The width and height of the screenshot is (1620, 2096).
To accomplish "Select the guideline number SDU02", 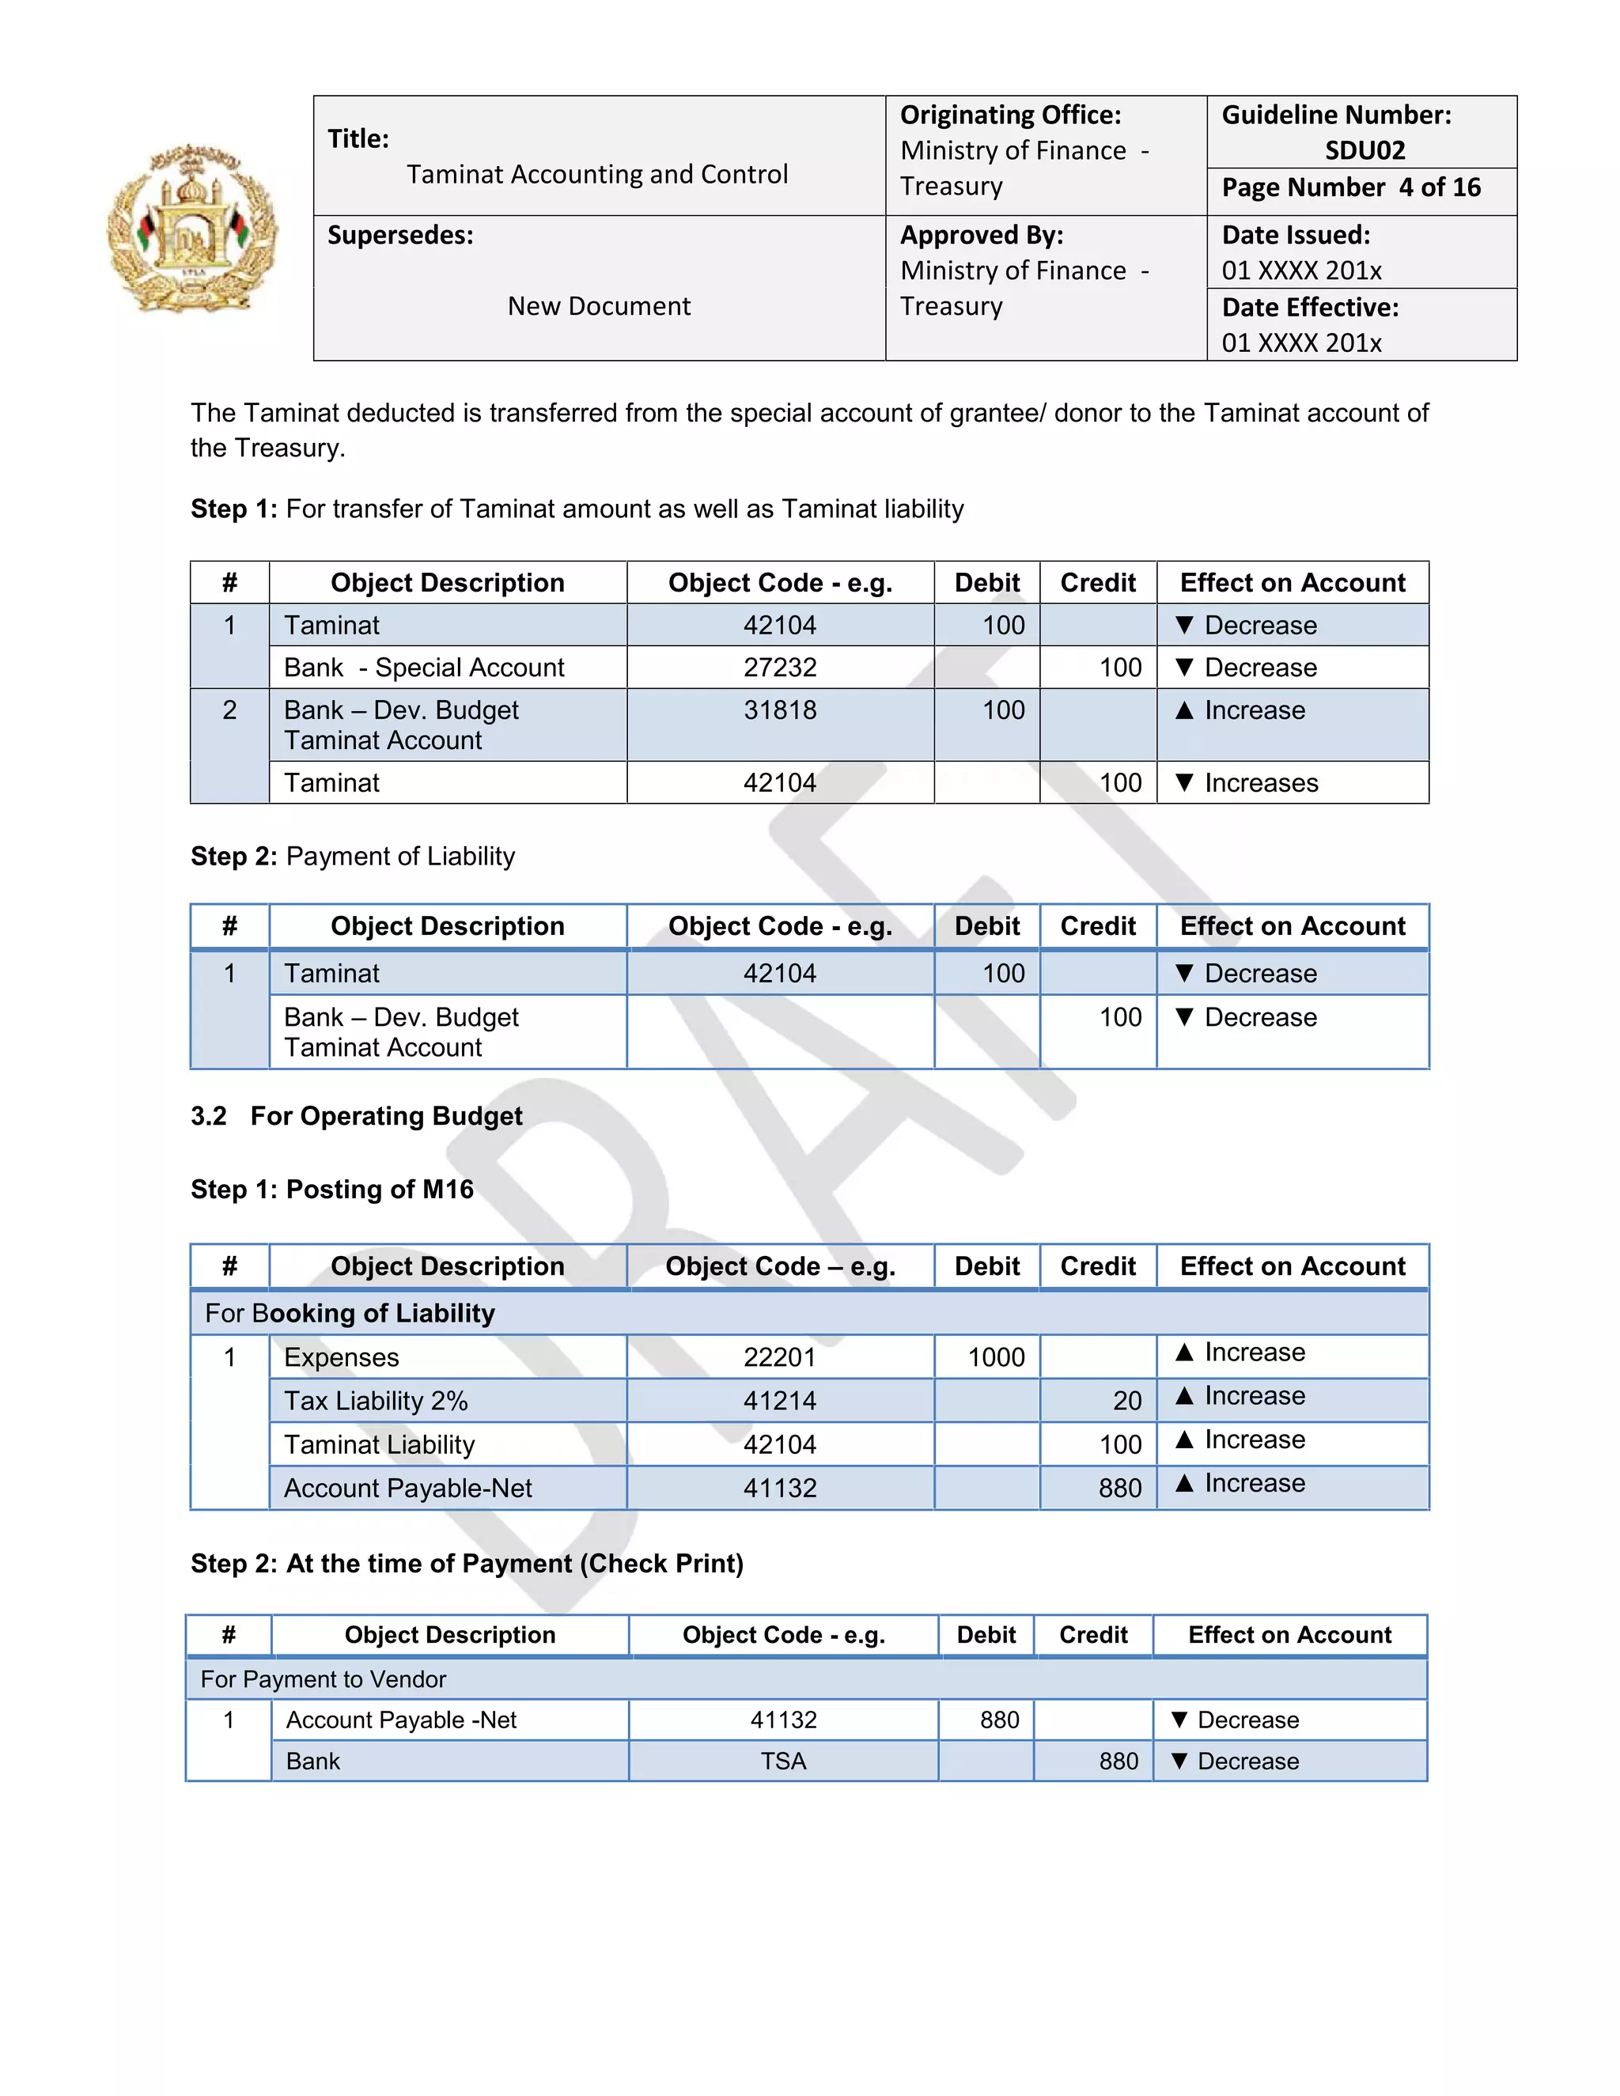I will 1364,150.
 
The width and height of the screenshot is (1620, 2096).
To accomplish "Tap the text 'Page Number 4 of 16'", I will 1350,187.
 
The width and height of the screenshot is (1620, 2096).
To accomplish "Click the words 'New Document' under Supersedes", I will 599,306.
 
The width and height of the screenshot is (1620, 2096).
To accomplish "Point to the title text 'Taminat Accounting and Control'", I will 597,175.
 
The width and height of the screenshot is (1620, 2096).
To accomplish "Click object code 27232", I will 779,668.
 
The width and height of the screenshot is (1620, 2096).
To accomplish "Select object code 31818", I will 779,710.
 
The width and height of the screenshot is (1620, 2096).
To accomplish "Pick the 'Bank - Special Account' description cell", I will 424,668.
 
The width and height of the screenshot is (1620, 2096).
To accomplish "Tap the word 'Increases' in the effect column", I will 1261,783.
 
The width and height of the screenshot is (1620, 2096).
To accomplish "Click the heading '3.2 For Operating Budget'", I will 356,1116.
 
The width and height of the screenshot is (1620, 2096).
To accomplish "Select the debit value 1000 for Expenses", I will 995,1357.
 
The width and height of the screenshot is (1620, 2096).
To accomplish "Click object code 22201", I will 779,1357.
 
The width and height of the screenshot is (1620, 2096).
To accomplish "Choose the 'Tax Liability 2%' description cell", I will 377,1402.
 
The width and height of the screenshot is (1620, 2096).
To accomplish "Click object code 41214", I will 779,1402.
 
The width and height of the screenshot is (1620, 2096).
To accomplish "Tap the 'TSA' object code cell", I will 783,1761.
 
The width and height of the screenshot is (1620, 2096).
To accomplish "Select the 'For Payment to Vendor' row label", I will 324,1679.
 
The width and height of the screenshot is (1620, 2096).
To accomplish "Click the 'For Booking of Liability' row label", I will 350,1313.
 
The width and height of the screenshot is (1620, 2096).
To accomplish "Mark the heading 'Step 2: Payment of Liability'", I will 352,856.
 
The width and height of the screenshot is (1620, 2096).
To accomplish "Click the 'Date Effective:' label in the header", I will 1310,308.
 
